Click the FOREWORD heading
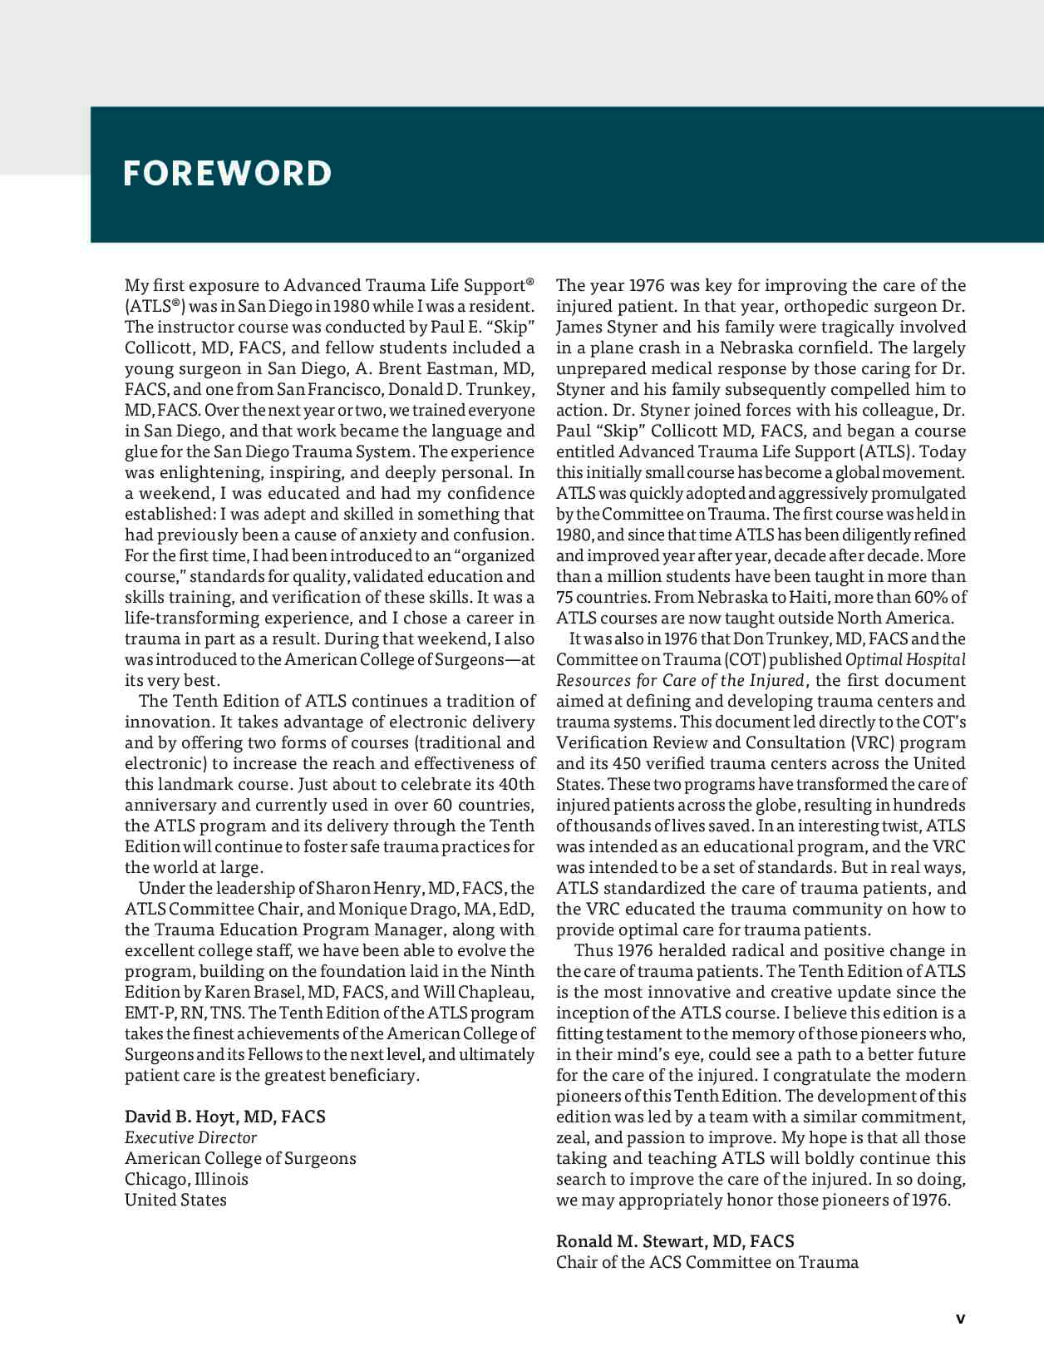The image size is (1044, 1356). [x=227, y=174]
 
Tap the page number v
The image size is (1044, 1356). [x=960, y=1318]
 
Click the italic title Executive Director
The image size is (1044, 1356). [x=190, y=1137]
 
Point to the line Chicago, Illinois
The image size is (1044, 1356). [x=186, y=1179]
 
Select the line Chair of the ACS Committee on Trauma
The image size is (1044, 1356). [x=707, y=1262]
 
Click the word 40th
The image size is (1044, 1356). [x=515, y=784]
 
